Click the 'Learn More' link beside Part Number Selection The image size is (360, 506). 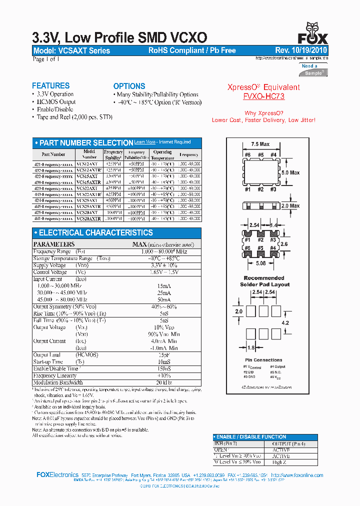pos(145,142)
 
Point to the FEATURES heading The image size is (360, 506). pos(50,86)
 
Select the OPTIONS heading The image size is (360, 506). pos(129,86)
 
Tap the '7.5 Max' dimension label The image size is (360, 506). pos(260,144)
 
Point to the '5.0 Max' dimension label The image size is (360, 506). pos(290,172)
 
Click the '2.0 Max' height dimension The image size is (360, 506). pos(290,205)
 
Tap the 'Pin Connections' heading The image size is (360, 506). pos(264,360)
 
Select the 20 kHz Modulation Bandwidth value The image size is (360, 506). pos(160,382)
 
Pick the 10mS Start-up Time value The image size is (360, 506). pos(160,361)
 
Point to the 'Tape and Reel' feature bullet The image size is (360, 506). pos(74,117)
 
